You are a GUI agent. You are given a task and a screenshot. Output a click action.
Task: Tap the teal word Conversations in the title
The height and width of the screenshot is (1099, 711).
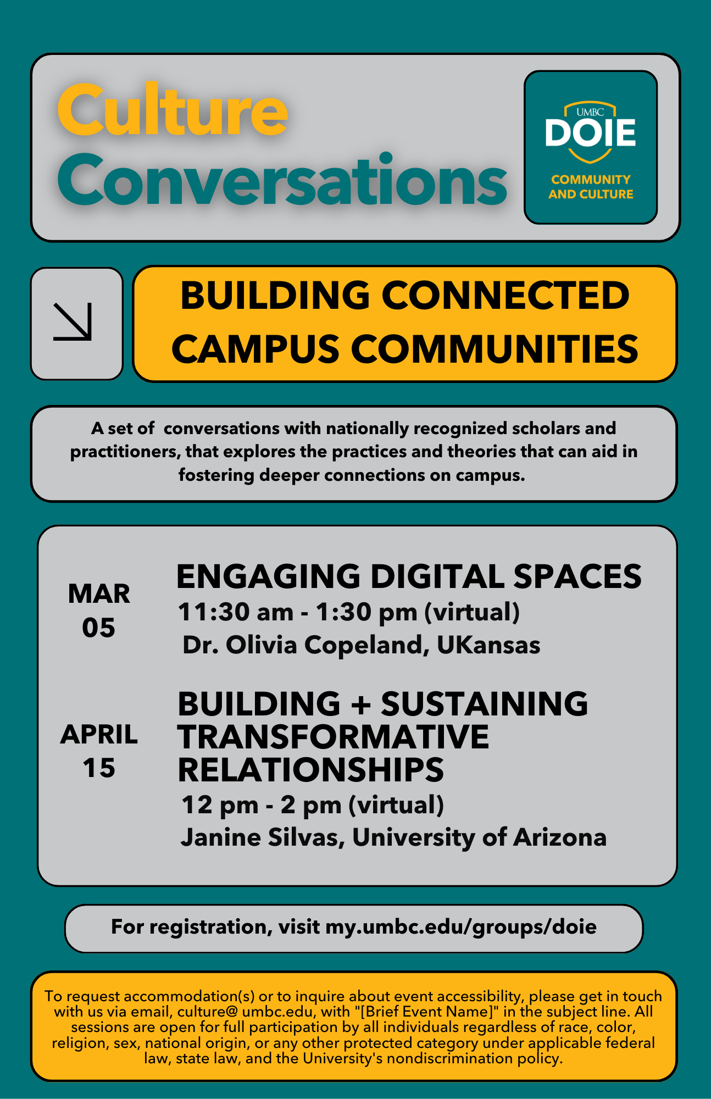(282, 180)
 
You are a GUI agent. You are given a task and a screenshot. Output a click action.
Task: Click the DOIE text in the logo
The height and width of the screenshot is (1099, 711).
(591, 132)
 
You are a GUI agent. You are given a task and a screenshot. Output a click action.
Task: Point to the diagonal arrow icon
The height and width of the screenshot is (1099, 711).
(73, 322)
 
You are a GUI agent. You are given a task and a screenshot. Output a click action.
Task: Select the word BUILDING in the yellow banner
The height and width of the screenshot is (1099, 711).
(275, 295)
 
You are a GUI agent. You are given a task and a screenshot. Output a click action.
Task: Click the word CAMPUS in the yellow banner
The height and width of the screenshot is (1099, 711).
(255, 349)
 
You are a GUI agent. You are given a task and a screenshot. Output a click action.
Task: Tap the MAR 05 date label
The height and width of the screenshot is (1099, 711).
(99, 610)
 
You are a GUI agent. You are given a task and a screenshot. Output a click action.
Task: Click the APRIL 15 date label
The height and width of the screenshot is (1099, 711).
(99, 751)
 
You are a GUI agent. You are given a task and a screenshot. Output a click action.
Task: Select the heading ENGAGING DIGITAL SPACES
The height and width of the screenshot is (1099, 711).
(409, 576)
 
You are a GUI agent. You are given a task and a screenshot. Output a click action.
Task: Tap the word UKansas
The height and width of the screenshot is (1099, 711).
(488, 645)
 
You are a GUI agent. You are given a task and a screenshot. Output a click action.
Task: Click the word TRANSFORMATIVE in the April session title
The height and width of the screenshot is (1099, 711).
(333, 737)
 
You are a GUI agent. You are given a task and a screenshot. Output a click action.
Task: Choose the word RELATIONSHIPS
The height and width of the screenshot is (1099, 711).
(310, 770)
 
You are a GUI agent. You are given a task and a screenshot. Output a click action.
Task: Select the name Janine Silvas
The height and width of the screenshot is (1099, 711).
(262, 837)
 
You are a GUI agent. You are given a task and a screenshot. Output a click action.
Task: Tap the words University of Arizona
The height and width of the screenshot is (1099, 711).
(479, 837)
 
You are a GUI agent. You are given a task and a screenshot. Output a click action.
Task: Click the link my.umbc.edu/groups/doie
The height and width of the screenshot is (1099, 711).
(461, 927)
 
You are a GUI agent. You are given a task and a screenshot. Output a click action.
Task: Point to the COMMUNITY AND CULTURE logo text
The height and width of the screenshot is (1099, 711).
(591, 187)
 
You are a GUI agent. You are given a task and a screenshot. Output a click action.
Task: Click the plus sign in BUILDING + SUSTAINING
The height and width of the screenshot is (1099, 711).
(360, 704)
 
